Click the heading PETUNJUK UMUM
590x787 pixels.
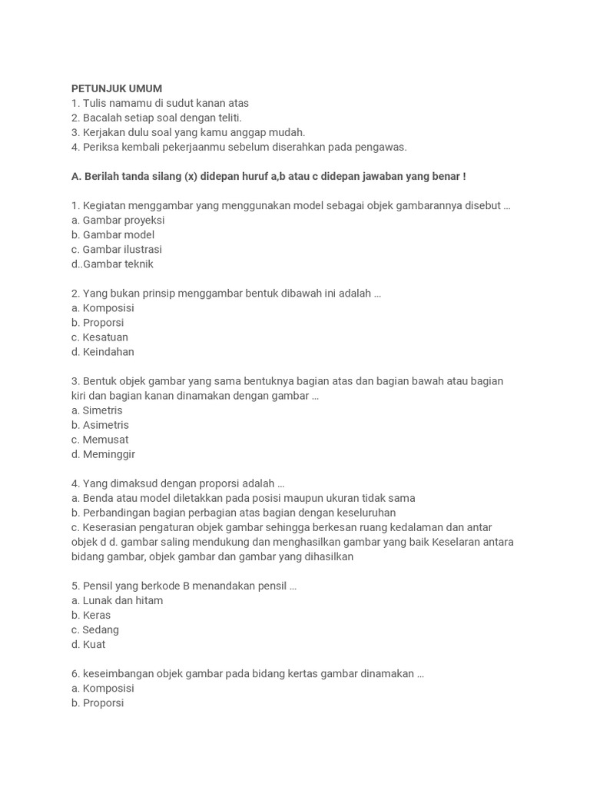point(117,88)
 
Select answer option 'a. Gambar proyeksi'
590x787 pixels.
point(118,220)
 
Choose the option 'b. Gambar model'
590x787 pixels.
point(113,234)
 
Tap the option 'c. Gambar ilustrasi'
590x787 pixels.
point(117,249)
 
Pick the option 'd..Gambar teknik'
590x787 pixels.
point(112,264)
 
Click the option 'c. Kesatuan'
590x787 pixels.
point(100,337)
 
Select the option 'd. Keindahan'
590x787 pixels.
point(103,351)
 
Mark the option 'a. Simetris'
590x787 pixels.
point(97,410)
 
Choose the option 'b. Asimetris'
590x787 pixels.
point(100,425)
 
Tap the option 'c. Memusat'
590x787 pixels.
point(100,440)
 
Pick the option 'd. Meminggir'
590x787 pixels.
point(103,454)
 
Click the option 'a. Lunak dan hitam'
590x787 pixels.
point(117,600)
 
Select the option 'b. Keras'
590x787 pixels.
point(91,615)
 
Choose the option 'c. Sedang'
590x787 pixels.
point(95,629)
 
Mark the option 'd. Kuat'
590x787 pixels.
point(88,644)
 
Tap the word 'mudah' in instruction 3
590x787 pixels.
point(289,132)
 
